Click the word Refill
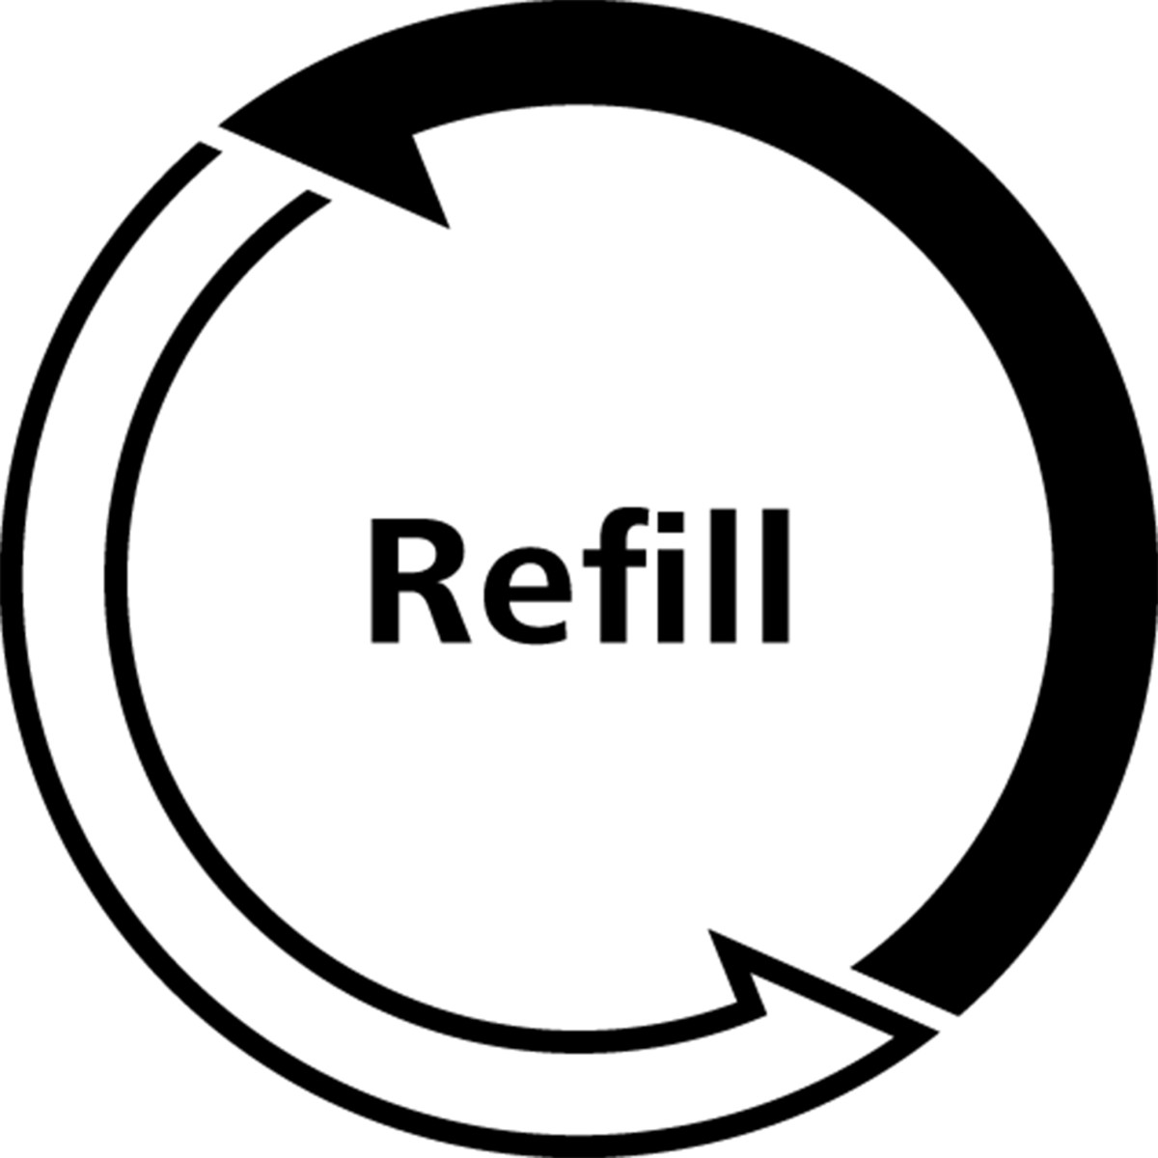pos(579,576)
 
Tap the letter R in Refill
pos(420,581)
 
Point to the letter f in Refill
pos(614,576)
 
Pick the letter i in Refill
pos(671,577)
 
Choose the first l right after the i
pos(723,576)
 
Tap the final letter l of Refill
pos(775,576)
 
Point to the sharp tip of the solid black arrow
pos(219,126)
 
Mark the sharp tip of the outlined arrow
pos(937,1032)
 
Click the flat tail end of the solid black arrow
pos(904,992)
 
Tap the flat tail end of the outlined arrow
pos(264,175)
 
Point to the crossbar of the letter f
pos(615,558)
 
